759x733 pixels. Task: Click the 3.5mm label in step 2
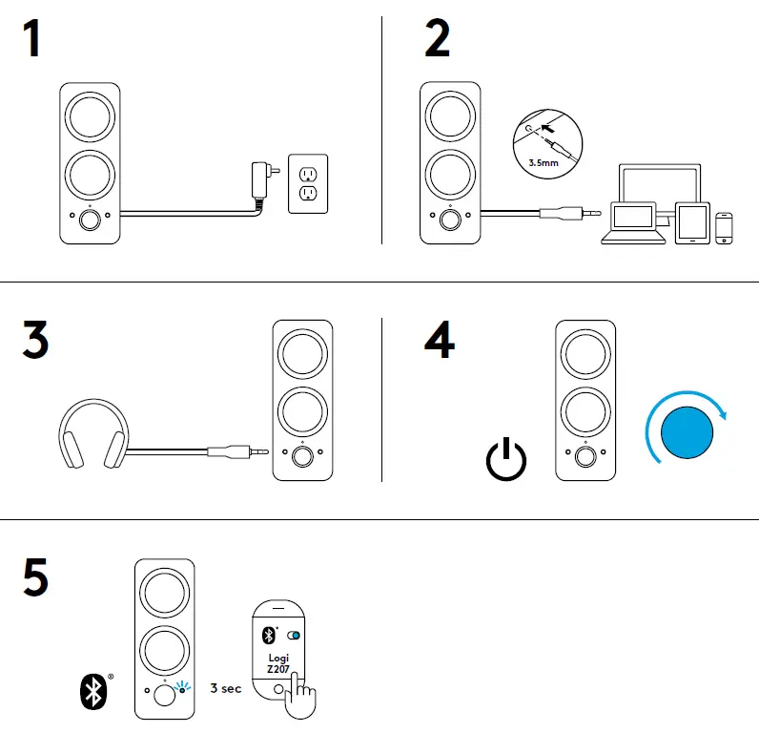point(543,162)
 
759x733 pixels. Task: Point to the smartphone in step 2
point(727,227)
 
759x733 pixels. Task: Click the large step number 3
point(34,341)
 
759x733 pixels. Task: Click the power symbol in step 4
point(505,460)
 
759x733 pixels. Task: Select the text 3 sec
point(226,688)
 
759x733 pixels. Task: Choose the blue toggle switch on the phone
point(291,636)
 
